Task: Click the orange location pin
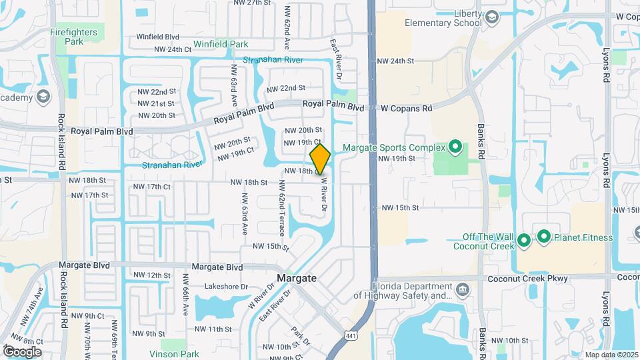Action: (x=320, y=159)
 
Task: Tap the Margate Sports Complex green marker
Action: (x=455, y=146)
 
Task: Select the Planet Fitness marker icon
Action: (x=544, y=236)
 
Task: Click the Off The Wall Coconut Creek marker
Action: (x=523, y=239)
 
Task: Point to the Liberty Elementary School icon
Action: (x=492, y=16)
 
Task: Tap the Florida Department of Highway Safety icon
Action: (x=463, y=289)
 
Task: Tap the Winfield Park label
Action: (x=221, y=45)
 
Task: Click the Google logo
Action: (x=22, y=351)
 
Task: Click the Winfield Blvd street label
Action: (x=157, y=37)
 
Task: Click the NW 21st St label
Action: (x=155, y=103)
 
